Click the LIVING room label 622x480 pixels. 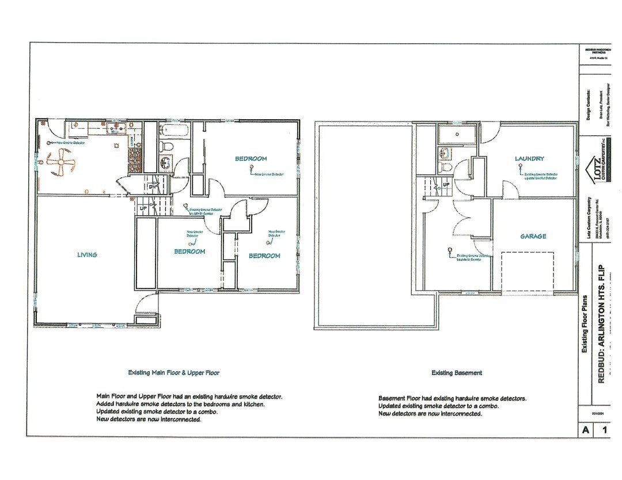88,254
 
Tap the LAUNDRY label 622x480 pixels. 529,158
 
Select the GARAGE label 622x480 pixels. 533,236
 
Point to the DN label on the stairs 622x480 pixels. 153,187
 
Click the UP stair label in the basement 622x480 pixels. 446,185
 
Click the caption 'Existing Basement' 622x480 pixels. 457,373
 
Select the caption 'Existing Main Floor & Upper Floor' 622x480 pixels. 173,372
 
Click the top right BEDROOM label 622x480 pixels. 251,158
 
